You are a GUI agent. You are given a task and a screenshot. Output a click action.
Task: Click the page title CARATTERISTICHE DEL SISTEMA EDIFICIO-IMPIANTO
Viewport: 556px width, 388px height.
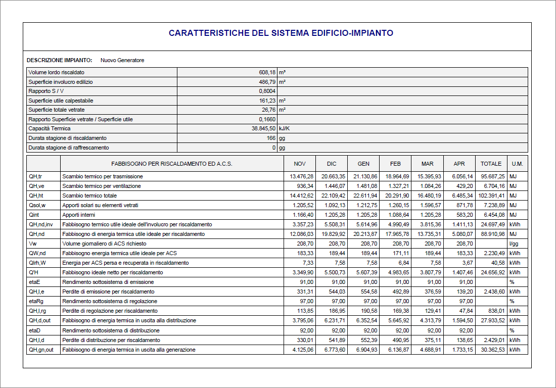click(281, 33)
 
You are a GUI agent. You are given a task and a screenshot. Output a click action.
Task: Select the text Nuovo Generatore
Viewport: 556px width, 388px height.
click(122, 61)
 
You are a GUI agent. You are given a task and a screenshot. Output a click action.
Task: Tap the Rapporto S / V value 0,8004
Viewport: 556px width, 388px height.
click(267, 91)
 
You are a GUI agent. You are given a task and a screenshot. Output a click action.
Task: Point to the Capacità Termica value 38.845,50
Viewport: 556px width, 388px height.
click(260, 129)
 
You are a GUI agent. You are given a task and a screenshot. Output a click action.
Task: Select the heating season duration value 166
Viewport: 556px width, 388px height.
click(271, 138)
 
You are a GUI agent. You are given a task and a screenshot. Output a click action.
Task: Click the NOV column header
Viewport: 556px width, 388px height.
click(300, 164)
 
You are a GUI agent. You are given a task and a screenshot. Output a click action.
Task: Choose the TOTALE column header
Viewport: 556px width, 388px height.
click(491, 164)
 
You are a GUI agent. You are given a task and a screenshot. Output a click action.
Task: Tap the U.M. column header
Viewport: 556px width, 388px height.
click(517, 164)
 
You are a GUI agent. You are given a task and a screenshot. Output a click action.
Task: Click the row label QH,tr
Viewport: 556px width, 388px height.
click(35, 177)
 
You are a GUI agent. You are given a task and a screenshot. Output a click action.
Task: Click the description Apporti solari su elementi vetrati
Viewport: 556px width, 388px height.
click(100, 206)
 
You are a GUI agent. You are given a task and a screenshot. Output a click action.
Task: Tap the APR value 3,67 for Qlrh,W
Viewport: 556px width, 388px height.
click(467, 263)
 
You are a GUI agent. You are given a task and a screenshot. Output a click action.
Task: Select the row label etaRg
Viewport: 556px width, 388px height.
click(36, 302)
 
